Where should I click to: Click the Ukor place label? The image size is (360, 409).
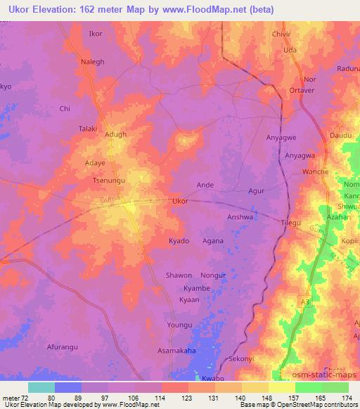pyautogui.click(x=180, y=201)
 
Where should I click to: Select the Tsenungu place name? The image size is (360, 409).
pyautogui.click(x=109, y=181)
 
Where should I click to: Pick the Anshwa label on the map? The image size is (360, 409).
pyautogui.click(x=240, y=217)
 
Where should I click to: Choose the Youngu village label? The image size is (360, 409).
pyautogui.click(x=179, y=325)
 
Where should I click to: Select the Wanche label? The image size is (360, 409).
pyautogui.click(x=314, y=171)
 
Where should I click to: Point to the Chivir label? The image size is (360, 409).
pyautogui.click(x=281, y=33)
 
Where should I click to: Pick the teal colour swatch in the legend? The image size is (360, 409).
pyautogui.click(x=41, y=387)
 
